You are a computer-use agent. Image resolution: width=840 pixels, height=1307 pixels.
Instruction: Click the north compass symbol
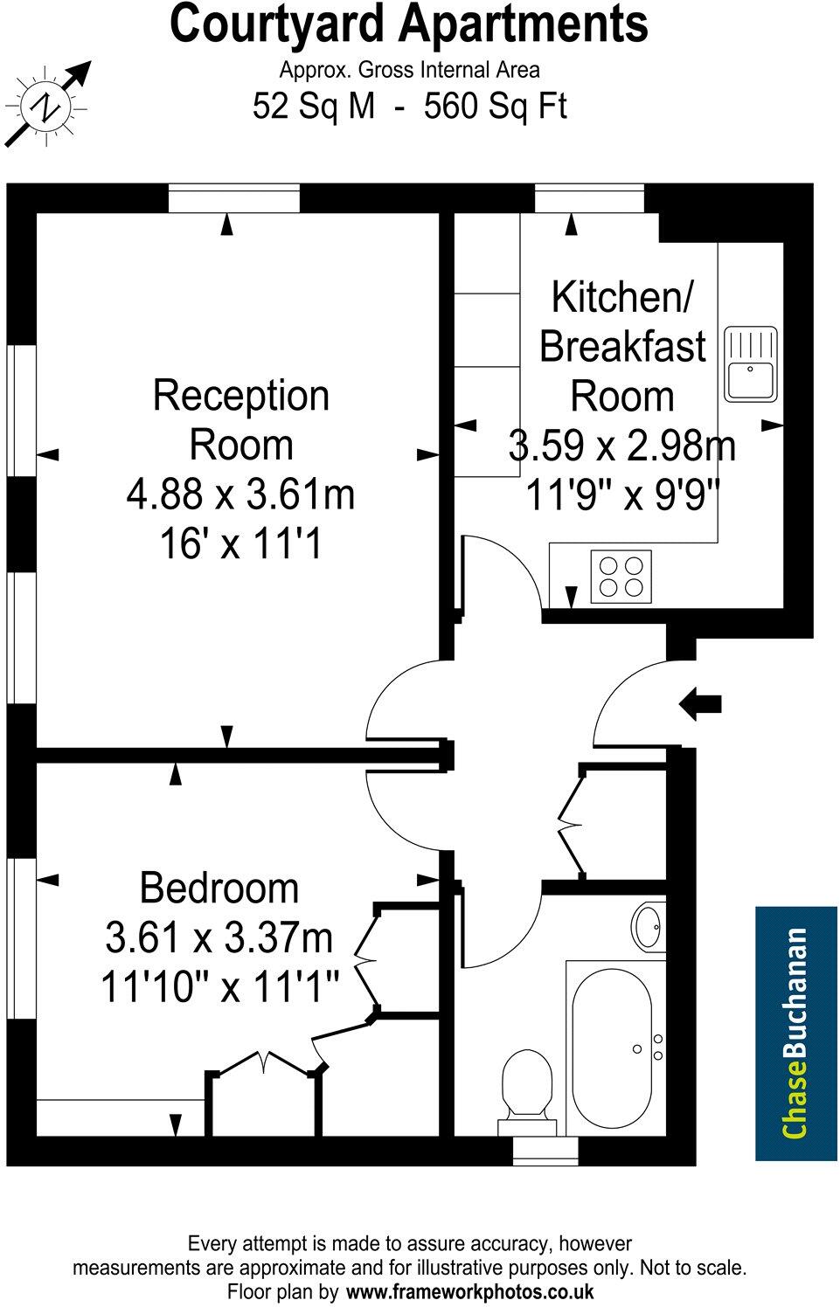(46, 107)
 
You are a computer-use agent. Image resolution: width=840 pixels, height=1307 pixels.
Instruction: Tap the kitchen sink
(751, 363)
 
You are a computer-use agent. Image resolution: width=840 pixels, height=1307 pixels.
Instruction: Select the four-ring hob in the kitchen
(621, 576)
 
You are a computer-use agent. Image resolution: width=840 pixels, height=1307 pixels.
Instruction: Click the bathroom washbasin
(649, 926)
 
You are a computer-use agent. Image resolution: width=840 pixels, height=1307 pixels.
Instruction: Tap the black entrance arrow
(700, 702)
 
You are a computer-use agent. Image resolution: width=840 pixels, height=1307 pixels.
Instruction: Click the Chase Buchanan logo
(795, 1033)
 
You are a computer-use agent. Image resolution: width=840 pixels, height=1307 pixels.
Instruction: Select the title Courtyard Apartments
(408, 24)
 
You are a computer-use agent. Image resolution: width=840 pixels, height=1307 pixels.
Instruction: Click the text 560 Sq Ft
(495, 107)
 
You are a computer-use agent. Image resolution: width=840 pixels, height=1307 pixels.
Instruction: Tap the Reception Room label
(241, 419)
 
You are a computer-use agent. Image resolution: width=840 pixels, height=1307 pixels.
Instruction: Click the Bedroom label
(219, 888)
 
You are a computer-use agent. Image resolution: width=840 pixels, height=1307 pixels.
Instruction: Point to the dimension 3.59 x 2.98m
(621, 446)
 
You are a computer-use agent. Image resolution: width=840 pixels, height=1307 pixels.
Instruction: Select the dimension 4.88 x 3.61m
(241, 494)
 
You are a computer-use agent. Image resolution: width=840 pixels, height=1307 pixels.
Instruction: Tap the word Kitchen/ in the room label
(621, 297)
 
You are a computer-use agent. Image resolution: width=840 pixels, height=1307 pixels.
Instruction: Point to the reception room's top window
(234, 198)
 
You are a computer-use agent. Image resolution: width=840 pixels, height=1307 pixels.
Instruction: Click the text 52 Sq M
(314, 107)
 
